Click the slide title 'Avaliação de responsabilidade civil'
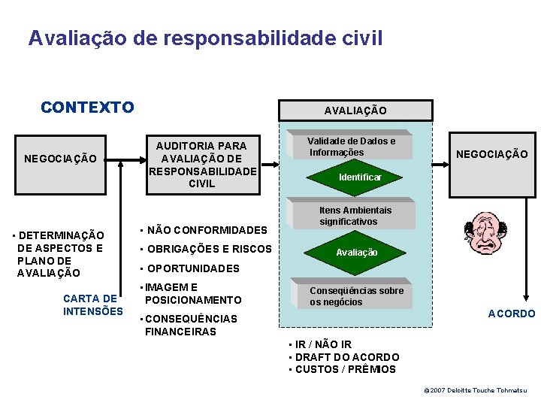pos(205,38)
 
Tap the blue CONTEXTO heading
pos(87,107)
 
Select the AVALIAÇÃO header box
pos(355,111)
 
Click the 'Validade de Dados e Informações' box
pos(351,147)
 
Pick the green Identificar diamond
pos(360,177)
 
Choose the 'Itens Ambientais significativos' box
pos(355,216)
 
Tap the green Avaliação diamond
pos(357,253)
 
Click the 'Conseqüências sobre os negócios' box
pos(357,296)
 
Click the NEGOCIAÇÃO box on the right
pos(492,154)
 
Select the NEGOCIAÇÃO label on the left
pos(60,159)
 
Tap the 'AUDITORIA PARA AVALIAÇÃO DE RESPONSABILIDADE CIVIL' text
pos(201,164)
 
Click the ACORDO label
pos(512,314)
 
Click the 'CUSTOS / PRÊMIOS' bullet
pos(342,369)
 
